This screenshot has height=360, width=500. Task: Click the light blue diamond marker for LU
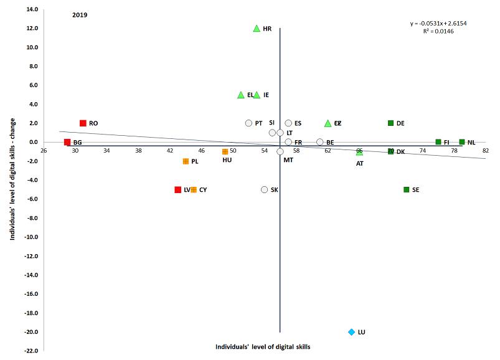[x=352, y=332]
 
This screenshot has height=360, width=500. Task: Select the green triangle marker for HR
[x=257, y=29]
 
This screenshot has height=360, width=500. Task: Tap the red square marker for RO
[x=83, y=123]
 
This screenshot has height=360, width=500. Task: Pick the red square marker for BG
[x=67, y=142]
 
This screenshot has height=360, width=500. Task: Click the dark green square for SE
[x=407, y=189]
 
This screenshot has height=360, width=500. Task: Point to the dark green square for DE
[x=391, y=123]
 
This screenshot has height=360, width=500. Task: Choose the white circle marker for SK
[x=265, y=189]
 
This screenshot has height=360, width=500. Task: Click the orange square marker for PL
[x=186, y=161]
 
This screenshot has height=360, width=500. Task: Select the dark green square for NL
[x=462, y=142]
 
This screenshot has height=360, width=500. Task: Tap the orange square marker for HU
[x=225, y=151]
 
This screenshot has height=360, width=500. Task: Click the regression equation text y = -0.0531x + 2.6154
[x=438, y=24]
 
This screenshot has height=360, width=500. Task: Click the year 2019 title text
[x=79, y=14]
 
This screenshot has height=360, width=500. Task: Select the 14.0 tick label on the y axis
[x=32, y=9]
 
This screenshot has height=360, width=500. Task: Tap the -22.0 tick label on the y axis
[x=31, y=351]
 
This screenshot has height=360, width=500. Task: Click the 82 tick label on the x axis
[x=486, y=151]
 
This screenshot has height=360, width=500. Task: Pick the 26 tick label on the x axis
[x=44, y=151]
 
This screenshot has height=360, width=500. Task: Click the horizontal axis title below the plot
[x=263, y=346]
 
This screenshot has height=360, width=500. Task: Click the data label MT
[x=288, y=161]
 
